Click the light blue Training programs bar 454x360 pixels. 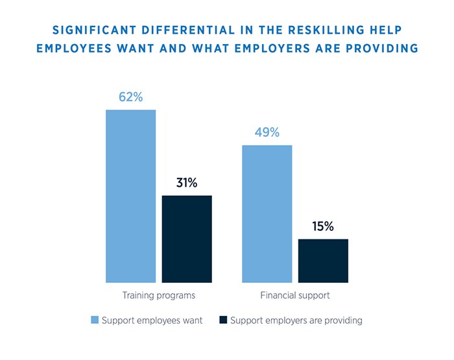click(131, 196)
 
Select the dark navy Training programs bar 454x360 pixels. click(187, 239)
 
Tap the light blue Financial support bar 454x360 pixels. click(267, 213)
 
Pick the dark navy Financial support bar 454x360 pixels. click(323, 261)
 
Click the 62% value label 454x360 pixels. click(130, 97)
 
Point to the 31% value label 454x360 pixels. click(187, 183)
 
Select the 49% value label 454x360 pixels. click(267, 132)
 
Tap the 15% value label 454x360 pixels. click(322, 226)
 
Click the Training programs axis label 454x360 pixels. click(159, 295)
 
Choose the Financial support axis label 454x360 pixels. click(295, 295)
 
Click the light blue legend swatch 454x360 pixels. click(95, 320)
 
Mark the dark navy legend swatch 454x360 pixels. click(224, 320)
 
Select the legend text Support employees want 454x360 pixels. click(152, 320)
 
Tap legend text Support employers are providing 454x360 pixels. click(296, 320)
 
